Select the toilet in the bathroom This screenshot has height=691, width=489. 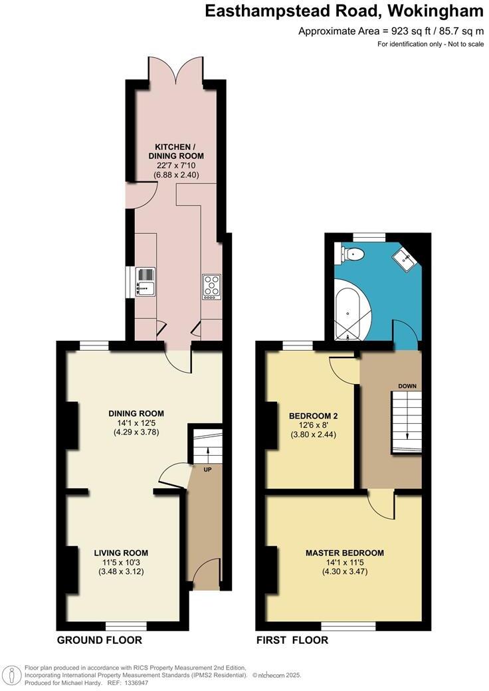pos(351,253)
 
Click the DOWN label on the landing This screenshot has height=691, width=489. pos(407,385)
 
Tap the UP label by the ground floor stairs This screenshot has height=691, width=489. pos(207,468)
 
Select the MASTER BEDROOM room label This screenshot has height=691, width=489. pos(344,553)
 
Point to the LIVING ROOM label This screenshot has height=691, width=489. pos(121,553)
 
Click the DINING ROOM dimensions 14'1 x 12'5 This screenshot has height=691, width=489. pos(136,423)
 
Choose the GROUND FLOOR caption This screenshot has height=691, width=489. pos(100,641)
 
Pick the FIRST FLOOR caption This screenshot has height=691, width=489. pos(292,641)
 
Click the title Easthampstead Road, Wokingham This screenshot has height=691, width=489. pos(343,11)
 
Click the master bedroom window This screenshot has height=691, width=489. pos(347,625)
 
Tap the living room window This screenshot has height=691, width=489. pos(126,625)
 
